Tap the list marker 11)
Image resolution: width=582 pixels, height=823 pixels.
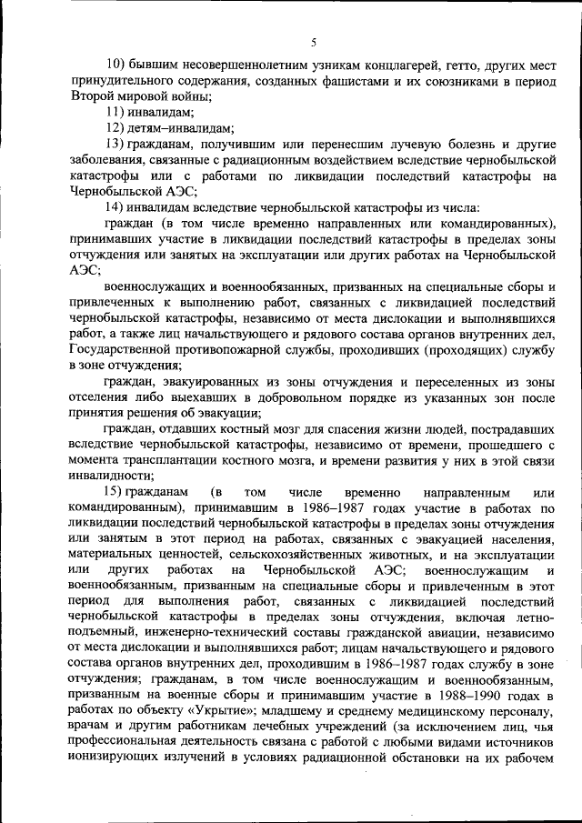pyautogui.click(x=116, y=113)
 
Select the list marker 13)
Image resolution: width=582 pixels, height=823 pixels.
pyautogui.click(x=116, y=145)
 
